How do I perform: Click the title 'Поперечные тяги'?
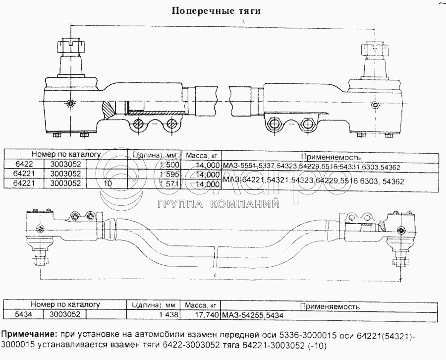tap(216, 11)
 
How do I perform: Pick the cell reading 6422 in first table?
tap(23, 165)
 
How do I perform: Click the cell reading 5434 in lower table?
tap(23, 314)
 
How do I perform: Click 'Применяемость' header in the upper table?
tap(330, 157)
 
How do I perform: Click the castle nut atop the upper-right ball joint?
tap(373, 49)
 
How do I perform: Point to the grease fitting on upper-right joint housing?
tap(376, 105)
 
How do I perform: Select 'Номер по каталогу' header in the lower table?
tap(65, 305)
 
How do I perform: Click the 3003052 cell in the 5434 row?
tap(64, 314)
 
